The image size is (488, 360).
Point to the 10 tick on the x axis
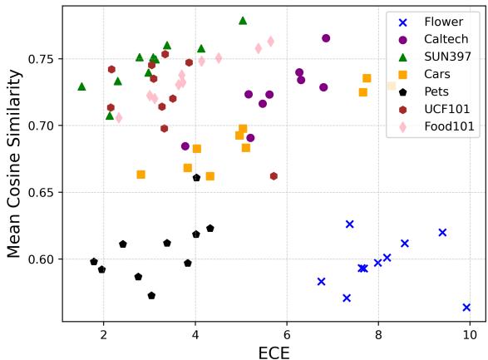click(x=470, y=335)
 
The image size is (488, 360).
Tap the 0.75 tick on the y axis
click(x=41, y=59)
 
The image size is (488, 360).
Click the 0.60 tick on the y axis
click(x=41, y=259)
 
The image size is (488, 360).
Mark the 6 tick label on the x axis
click(x=287, y=335)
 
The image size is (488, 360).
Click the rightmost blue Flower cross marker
click(x=466, y=308)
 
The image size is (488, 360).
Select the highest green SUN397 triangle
click(x=243, y=20)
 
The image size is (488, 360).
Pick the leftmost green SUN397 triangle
click(x=81, y=86)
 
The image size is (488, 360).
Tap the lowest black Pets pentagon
click(x=151, y=295)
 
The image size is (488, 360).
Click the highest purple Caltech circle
click(x=326, y=38)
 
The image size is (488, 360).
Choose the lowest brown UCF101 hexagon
click(x=274, y=176)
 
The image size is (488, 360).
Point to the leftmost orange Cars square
click(x=140, y=175)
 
